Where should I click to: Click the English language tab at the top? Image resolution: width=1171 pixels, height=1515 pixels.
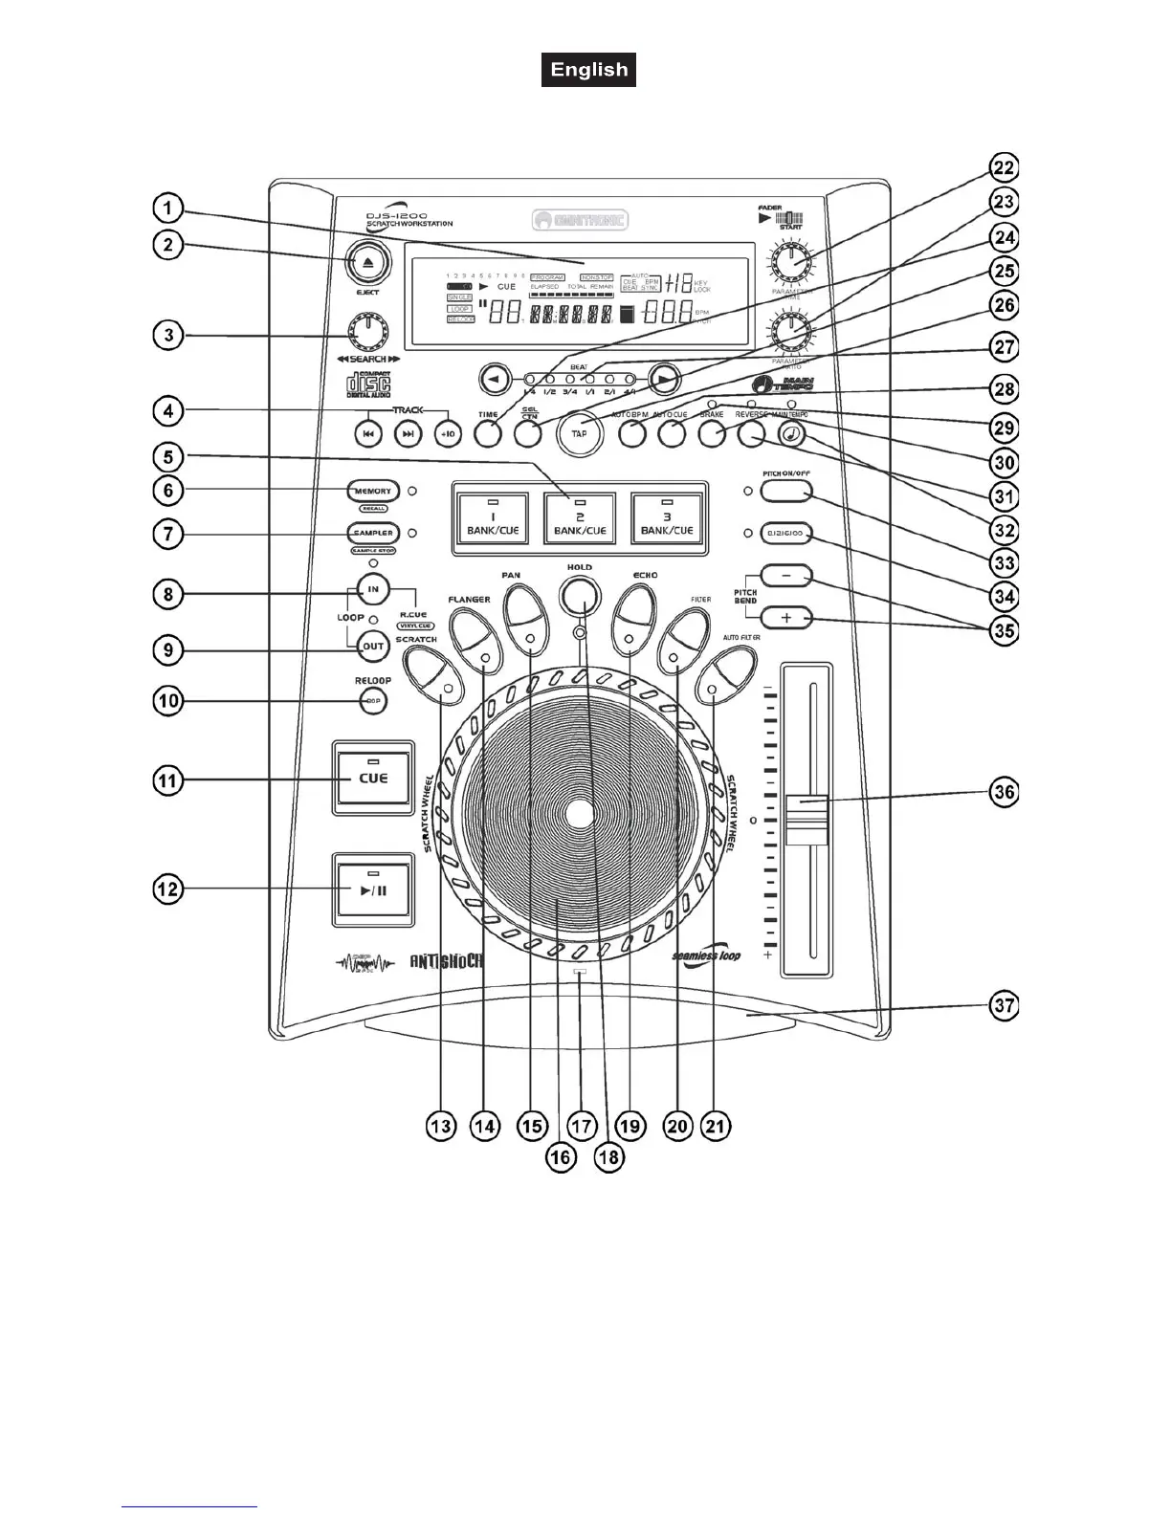click(x=588, y=70)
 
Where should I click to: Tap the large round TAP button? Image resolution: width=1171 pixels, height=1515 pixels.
click(x=579, y=432)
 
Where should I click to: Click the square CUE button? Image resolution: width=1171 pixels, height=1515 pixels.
click(x=373, y=778)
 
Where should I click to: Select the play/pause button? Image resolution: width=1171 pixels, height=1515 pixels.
click(x=373, y=889)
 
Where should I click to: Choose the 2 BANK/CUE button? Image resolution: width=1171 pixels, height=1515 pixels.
click(x=579, y=517)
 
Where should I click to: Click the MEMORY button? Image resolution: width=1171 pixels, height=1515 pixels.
click(x=373, y=491)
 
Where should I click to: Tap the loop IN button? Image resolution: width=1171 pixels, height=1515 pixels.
click(x=373, y=589)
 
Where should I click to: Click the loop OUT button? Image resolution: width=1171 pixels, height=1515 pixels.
click(x=373, y=646)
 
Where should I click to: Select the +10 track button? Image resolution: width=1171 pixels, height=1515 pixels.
click(x=448, y=433)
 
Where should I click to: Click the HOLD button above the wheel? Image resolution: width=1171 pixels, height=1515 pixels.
click(x=579, y=597)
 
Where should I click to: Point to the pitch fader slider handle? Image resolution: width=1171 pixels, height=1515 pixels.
click(x=806, y=820)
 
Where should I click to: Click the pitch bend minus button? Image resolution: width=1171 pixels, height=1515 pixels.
click(x=786, y=577)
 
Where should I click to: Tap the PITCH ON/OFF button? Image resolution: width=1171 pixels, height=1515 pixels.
click(x=786, y=492)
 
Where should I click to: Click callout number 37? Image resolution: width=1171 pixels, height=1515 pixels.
click(x=1003, y=1006)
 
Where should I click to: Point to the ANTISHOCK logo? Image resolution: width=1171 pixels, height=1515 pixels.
click(x=446, y=959)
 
